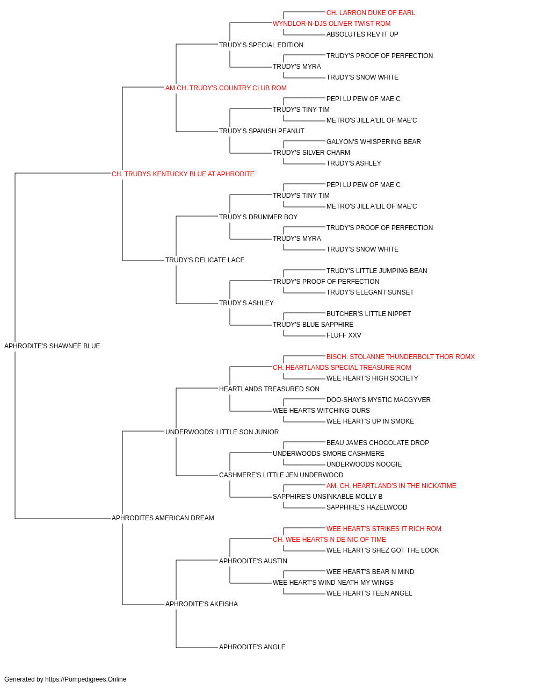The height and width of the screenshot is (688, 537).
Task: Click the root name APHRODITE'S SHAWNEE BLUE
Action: (52, 346)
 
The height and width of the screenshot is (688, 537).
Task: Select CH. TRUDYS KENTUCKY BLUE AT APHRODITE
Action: (183, 174)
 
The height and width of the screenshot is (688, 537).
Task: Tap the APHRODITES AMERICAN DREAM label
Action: (163, 518)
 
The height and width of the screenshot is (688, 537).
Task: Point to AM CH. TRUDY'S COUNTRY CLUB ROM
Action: (226, 88)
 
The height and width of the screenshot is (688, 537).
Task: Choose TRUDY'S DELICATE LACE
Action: (205, 260)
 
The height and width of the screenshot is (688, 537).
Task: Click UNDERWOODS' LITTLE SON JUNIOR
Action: (222, 432)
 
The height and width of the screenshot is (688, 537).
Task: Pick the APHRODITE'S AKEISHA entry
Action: (201, 604)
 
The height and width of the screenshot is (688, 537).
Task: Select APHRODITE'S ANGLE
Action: (252, 647)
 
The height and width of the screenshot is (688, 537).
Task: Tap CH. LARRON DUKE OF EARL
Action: (371, 13)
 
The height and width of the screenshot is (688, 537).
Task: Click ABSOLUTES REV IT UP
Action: (362, 34)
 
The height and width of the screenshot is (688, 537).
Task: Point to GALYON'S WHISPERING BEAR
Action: (374, 142)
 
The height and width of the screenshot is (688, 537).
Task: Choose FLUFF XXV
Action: (344, 335)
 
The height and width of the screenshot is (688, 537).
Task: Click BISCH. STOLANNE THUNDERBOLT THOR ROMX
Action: (401, 357)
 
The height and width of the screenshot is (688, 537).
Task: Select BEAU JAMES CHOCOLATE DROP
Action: (378, 442)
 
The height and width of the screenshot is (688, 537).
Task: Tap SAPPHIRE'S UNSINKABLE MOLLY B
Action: (328, 497)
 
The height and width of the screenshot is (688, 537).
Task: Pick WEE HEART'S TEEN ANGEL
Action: (369, 593)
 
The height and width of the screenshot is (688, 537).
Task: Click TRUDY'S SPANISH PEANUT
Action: (262, 131)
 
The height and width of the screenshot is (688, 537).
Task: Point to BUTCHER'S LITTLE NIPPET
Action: (368, 314)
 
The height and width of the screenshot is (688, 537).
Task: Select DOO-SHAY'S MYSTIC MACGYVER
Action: (379, 400)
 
